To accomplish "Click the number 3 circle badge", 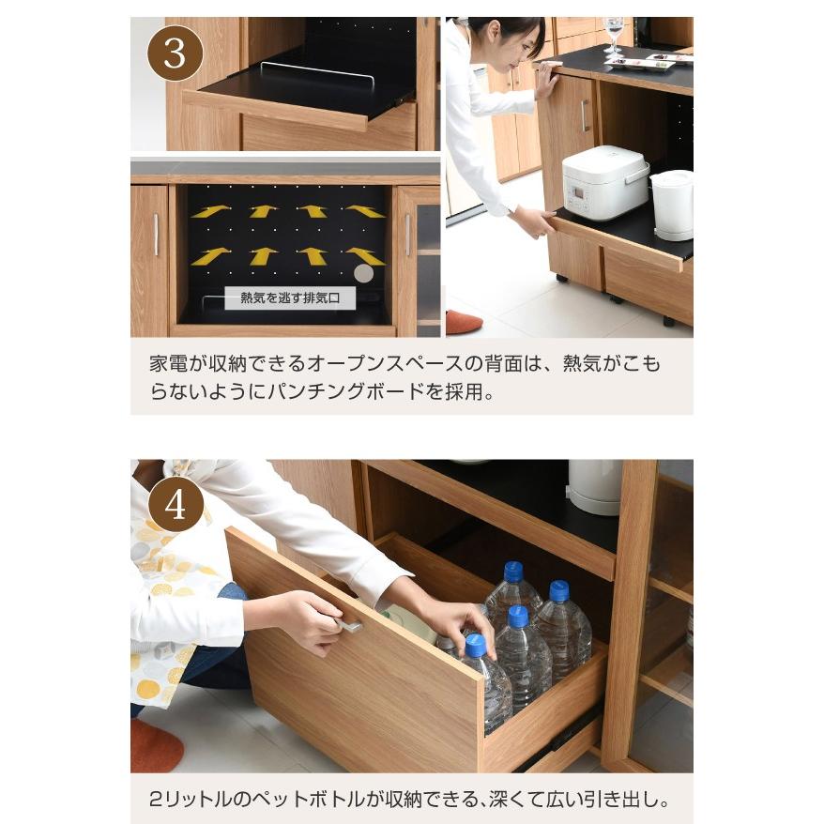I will [x=175, y=53].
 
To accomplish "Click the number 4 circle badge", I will [x=175, y=504].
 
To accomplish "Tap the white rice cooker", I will [x=604, y=182].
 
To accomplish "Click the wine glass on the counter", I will [x=614, y=36].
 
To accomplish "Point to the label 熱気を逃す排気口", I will [x=290, y=298].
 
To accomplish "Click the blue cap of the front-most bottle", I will [x=476, y=645].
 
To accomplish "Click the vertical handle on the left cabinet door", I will [x=156, y=235].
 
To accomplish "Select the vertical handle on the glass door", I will [x=407, y=235].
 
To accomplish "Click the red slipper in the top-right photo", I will [x=464, y=322].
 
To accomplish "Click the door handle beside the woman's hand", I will [x=583, y=115].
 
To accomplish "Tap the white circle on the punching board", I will [x=363, y=273].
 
